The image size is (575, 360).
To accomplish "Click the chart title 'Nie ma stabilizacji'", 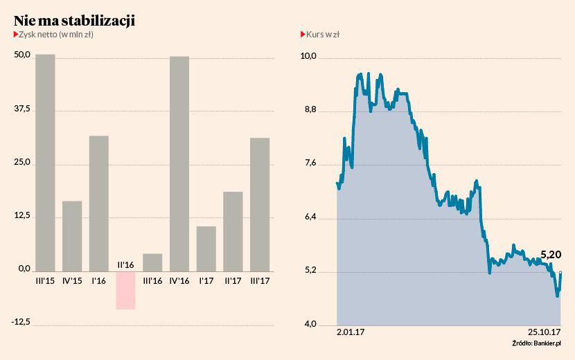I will [x=74, y=21].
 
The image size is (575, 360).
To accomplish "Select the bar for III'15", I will [x=45, y=163].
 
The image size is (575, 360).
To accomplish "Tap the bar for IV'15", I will [x=72, y=236].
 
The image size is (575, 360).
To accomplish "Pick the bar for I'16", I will [x=99, y=204].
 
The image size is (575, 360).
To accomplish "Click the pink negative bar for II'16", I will [x=125, y=290].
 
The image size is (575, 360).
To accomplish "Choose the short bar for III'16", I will [x=152, y=262].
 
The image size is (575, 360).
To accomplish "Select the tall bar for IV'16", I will [x=179, y=163].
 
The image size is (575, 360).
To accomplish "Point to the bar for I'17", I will [x=206, y=249].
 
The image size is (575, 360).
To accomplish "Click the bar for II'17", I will [x=233, y=231].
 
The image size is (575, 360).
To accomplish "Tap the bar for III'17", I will [x=260, y=204].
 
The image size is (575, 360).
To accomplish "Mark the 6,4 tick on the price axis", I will [x=308, y=217].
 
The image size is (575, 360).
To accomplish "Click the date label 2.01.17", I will [x=351, y=333].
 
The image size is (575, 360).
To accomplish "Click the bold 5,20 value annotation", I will [x=550, y=255].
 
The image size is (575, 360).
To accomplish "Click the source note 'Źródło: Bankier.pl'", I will [x=538, y=343].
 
